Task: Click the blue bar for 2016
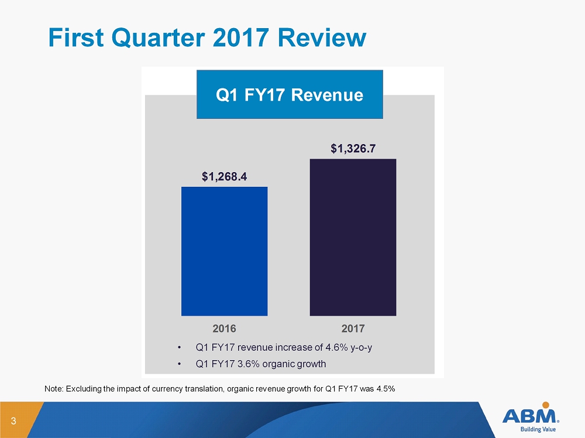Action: pos(224,251)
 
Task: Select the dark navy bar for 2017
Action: pos(353,238)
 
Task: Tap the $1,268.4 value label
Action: pos(224,176)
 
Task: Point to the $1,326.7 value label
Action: pos(353,149)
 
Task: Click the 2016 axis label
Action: pos(224,328)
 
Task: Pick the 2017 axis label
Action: pos(353,328)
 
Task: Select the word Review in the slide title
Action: pos(322,37)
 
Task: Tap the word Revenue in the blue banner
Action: pos(327,95)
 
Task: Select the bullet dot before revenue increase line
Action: pos(180,348)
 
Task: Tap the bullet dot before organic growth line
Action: pos(180,364)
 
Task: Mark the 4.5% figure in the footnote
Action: pos(386,389)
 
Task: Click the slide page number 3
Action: pos(13,421)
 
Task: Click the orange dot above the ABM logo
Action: pos(545,405)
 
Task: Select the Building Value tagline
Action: pos(538,429)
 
